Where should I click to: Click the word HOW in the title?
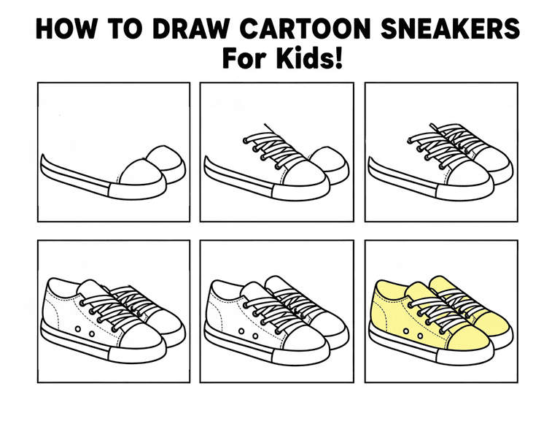(x=66, y=28)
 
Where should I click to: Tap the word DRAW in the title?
(x=191, y=28)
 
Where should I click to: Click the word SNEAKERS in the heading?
(x=450, y=28)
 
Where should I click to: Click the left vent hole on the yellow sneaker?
(x=406, y=331)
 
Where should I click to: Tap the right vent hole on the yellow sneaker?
(x=420, y=336)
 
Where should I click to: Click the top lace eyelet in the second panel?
(x=245, y=141)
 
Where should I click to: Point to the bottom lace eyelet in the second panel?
(x=278, y=166)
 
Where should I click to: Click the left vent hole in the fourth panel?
(x=78, y=329)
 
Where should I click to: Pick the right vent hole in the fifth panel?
(x=255, y=336)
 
